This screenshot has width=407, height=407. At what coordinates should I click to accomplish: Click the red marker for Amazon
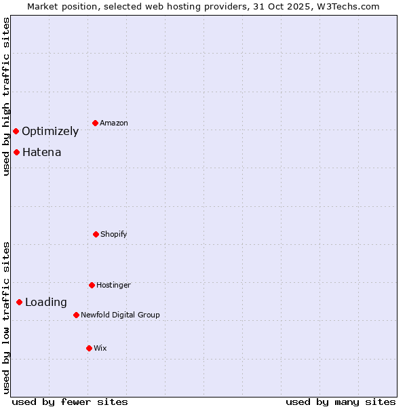95,123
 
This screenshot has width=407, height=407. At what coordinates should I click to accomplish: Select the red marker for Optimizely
16,131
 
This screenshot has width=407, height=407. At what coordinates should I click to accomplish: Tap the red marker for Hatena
16,152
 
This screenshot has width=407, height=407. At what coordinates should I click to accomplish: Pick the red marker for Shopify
96,234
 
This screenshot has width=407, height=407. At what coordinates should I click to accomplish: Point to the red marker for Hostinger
92,285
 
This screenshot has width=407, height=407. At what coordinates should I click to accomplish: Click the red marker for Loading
19,302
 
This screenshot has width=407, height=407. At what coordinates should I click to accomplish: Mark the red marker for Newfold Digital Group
76,315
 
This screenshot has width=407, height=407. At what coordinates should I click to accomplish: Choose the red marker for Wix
89,348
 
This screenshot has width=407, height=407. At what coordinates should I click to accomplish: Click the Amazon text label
114,123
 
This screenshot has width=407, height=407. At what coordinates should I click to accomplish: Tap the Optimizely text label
50,131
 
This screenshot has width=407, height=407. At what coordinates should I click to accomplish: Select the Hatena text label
41,152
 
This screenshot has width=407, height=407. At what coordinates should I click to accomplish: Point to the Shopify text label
114,234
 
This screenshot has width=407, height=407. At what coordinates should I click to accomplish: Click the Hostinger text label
113,285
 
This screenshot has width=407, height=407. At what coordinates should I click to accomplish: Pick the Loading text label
46,302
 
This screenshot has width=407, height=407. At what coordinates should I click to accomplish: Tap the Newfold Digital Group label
120,315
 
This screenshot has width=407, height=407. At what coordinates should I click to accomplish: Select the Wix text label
100,348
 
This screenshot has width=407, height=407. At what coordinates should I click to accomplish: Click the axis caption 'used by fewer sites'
70,402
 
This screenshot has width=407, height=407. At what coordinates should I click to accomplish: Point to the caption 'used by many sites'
341,402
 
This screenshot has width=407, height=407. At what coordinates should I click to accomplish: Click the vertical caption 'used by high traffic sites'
6,96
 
